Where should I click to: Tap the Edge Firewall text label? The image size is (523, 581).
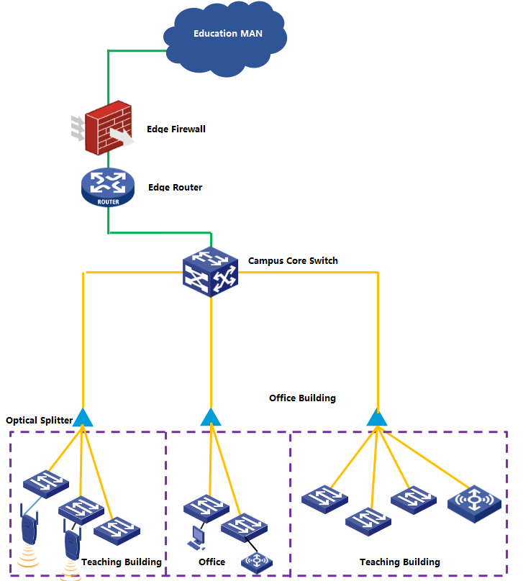[x=176, y=129]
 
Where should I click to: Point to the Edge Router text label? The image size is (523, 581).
[x=175, y=188]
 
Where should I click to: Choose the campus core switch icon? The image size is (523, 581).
[x=211, y=273]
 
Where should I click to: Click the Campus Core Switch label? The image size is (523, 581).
[x=293, y=260]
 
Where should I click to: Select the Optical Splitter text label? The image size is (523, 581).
[x=39, y=420]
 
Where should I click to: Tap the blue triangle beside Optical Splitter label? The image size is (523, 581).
[x=83, y=417]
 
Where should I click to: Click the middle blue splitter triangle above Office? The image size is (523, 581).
[x=210, y=417]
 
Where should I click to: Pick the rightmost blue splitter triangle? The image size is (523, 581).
[x=377, y=417]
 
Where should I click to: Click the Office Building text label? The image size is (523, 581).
[x=302, y=398]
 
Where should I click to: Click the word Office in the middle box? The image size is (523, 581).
[x=212, y=562]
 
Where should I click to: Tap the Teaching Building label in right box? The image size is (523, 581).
[x=399, y=562]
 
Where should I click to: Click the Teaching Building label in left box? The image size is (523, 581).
[x=121, y=562]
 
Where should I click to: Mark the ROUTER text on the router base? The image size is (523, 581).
[x=107, y=201]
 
